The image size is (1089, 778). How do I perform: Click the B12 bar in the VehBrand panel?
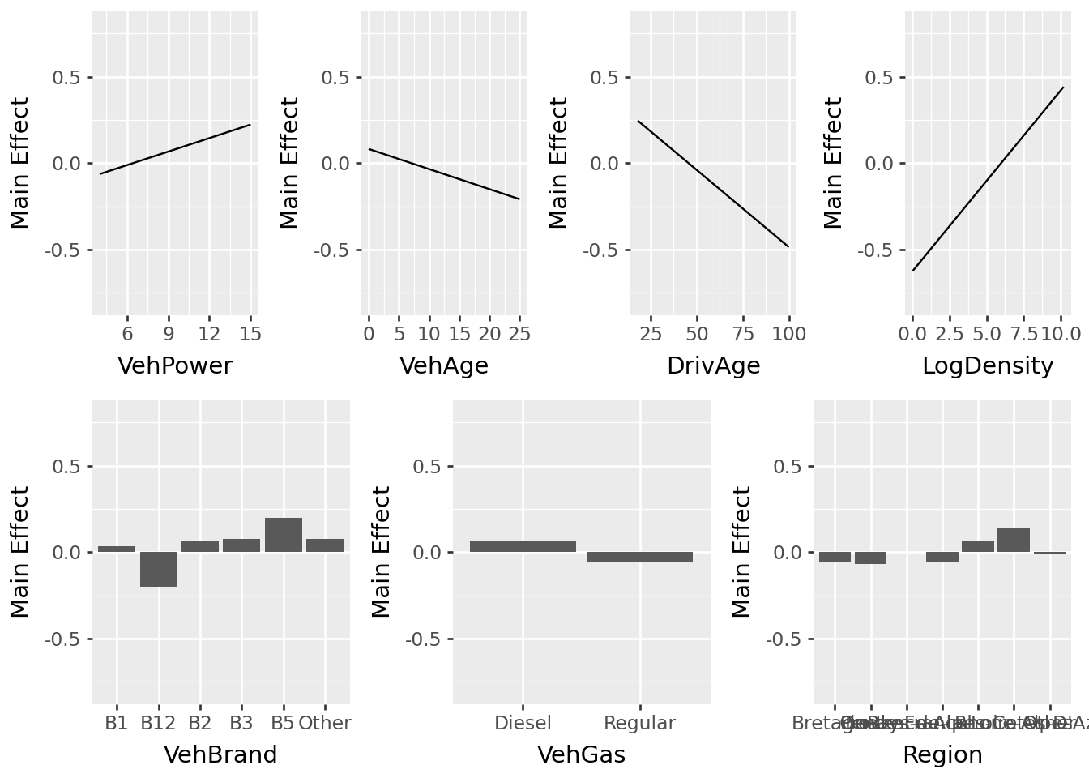(159, 569)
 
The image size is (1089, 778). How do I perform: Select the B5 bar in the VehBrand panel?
(284, 535)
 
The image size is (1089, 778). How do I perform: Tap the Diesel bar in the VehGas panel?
(523, 547)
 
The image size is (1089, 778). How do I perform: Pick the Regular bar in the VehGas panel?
(640, 558)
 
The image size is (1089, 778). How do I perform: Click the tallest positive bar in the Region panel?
(1014, 540)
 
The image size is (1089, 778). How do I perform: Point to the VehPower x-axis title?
(175, 366)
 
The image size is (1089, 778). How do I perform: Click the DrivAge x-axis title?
(714, 366)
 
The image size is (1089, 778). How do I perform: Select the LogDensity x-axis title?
(988, 366)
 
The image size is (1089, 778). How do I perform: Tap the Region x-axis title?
(942, 755)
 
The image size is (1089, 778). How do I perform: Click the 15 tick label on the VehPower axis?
(250, 334)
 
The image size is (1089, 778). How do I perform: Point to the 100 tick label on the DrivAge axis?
(789, 334)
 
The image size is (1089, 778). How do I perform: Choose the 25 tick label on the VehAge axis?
(519, 334)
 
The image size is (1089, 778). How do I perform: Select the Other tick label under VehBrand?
(325, 723)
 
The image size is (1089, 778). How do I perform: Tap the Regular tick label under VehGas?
(640, 723)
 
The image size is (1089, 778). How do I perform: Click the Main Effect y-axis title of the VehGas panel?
(382, 552)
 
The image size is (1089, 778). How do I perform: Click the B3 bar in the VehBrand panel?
(241, 545)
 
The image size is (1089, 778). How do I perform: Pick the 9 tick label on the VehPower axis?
(169, 334)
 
